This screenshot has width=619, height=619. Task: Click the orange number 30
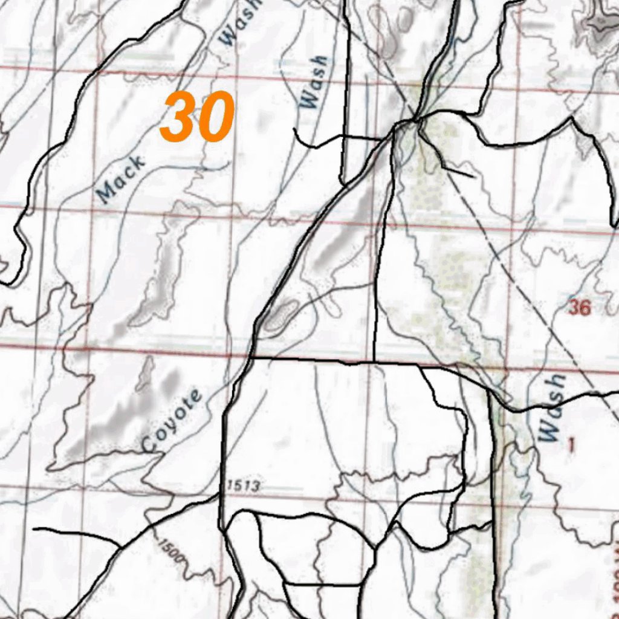point(197,117)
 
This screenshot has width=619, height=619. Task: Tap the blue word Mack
point(121,180)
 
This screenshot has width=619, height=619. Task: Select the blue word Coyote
point(171,422)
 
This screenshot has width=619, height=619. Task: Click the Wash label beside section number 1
point(553,407)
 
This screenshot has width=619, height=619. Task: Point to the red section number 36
point(578,308)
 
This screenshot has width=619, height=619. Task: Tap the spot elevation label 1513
point(244,485)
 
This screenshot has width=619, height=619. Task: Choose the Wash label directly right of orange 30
point(314,82)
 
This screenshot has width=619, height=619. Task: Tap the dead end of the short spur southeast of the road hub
point(473,177)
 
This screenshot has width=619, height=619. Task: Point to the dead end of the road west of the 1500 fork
point(34,529)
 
